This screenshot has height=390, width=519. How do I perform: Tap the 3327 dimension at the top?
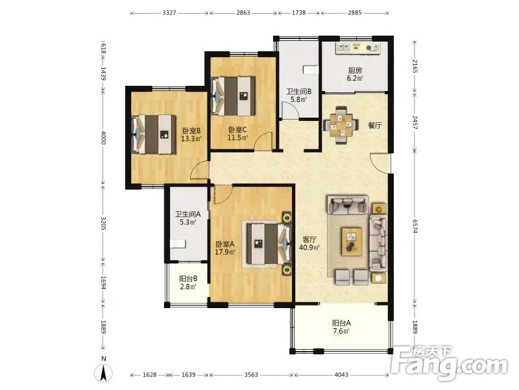coord(169,13)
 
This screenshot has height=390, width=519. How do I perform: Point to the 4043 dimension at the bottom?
coord(341,375)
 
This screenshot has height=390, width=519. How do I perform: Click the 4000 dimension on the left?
coord(103,137)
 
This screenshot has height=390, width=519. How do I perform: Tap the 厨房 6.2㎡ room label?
coord(355,74)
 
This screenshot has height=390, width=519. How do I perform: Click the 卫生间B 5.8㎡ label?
coord(298,95)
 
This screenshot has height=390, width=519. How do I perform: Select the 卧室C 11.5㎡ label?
coord(237,133)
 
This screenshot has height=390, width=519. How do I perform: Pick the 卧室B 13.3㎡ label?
coord(191,135)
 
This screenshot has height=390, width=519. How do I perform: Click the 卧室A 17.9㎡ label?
coord(225,248)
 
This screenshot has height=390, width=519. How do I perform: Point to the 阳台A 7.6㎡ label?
coord(341,327)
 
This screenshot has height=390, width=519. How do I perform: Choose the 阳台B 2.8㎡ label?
coord(188,283)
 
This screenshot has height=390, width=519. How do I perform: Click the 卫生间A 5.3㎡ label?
coord(187,218)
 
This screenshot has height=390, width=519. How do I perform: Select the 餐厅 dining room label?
coord(375,125)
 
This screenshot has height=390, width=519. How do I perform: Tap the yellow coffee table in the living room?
coord(352,241)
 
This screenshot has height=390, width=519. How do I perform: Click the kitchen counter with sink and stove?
coord(357,47)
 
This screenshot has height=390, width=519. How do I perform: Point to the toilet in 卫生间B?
coord(311,70)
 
